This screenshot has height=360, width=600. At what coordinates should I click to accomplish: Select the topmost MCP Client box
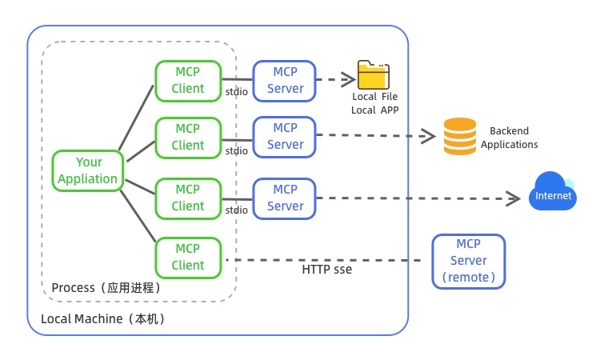pyautogui.click(x=188, y=80)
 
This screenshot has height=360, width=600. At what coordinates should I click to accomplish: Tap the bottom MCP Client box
pyautogui.click(x=188, y=257)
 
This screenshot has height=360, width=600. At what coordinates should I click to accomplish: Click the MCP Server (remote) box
pyautogui.click(x=468, y=261)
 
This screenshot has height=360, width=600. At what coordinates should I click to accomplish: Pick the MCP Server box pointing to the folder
pyautogui.click(x=286, y=80)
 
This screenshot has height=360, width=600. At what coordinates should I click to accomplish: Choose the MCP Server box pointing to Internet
pyautogui.click(x=286, y=198)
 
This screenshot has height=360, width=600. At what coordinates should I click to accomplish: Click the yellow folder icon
pyautogui.click(x=374, y=76)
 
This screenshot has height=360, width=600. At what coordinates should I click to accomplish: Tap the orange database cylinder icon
pyautogui.click(x=459, y=136)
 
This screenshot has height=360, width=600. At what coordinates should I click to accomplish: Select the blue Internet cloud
pyautogui.click(x=552, y=193)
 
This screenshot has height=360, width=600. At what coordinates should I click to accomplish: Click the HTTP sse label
pyautogui.click(x=326, y=270)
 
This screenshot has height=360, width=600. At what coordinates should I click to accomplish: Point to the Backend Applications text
pyautogui.click(x=509, y=138)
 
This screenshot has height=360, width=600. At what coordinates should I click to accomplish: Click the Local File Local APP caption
pyautogui.click(x=374, y=103)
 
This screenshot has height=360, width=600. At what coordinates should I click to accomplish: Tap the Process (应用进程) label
pyautogui.click(x=106, y=287)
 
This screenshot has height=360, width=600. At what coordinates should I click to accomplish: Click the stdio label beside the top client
pyautogui.click(x=236, y=92)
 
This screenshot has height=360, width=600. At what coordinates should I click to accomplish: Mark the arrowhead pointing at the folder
pyautogui.click(x=349, y=78)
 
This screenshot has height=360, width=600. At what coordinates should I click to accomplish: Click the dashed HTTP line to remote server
pyautogui.click(x=320, y=260)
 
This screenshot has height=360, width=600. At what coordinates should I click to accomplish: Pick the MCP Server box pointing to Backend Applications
pyautogui.click(x=286, y=136)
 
